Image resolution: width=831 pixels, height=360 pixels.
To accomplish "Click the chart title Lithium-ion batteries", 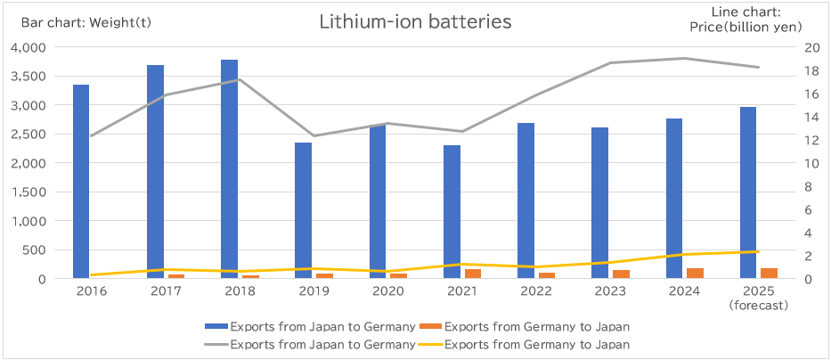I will coord(415,22).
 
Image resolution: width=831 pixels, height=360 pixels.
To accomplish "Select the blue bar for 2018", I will coord(229,169).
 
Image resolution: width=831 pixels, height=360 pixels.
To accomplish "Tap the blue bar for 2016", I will coord(81,182).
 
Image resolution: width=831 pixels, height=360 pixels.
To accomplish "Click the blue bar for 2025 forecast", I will coord(748,192).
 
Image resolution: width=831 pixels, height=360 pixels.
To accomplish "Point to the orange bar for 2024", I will coord(695,274).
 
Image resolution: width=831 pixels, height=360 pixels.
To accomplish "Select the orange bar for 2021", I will coord(472,274).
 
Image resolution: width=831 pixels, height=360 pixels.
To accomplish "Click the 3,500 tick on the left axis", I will coord(29,76).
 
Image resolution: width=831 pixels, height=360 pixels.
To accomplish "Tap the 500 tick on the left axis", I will coord(36,250).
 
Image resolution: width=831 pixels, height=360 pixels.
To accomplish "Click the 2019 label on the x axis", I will coord(314,290).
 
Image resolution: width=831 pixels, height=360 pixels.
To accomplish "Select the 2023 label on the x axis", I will coord(609,290).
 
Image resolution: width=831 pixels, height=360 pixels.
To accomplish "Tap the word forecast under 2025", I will coord(758,305).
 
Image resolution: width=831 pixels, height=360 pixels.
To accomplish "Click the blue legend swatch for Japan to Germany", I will coord(216,326).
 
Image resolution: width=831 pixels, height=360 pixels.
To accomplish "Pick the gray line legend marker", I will coord(216,344).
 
